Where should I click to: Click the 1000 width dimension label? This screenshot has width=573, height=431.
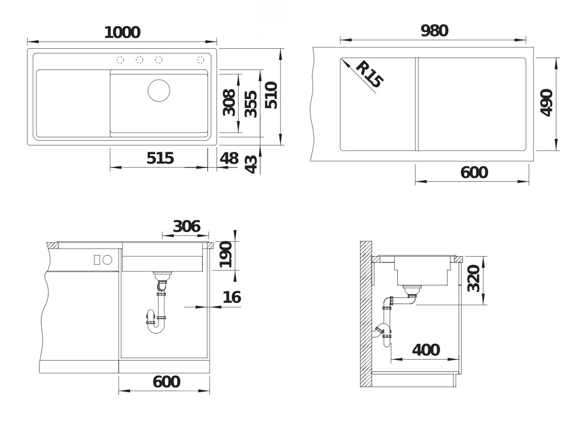tap(122, 33)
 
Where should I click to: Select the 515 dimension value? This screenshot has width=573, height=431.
tap(160, 158)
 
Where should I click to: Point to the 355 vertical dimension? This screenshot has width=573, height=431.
tap(251, 104)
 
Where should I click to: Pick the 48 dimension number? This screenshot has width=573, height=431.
tap(229, 158)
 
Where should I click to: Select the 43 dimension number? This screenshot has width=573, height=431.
tap(251, 164)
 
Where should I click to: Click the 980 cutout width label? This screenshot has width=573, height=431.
tap(434, 31)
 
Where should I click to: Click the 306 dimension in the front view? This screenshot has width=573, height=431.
tap(187, 226)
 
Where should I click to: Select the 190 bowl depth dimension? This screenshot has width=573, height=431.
tap(225, 255)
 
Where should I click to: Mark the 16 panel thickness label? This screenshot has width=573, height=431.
tap(231, 297)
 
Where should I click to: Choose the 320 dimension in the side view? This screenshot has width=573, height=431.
tap(473, 279)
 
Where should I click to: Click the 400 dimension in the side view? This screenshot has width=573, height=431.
tap(426, 350)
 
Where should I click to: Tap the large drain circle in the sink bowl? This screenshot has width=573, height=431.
tap(159, 90)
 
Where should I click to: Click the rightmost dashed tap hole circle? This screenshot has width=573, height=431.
tap(200, 60)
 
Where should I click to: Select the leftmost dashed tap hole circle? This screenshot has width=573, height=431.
tap(120, 60)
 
